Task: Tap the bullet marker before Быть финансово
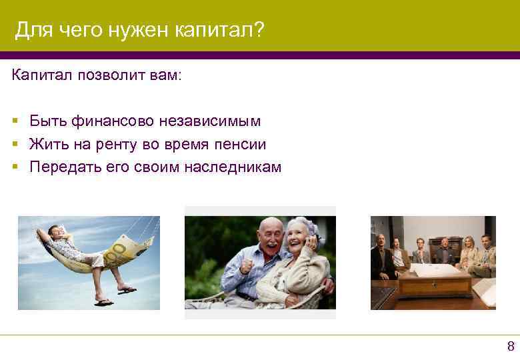(15, 122)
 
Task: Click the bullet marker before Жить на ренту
(15, 145)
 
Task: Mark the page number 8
(511, 346)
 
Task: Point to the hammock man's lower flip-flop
(103, 303)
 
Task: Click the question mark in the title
(259, 30)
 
